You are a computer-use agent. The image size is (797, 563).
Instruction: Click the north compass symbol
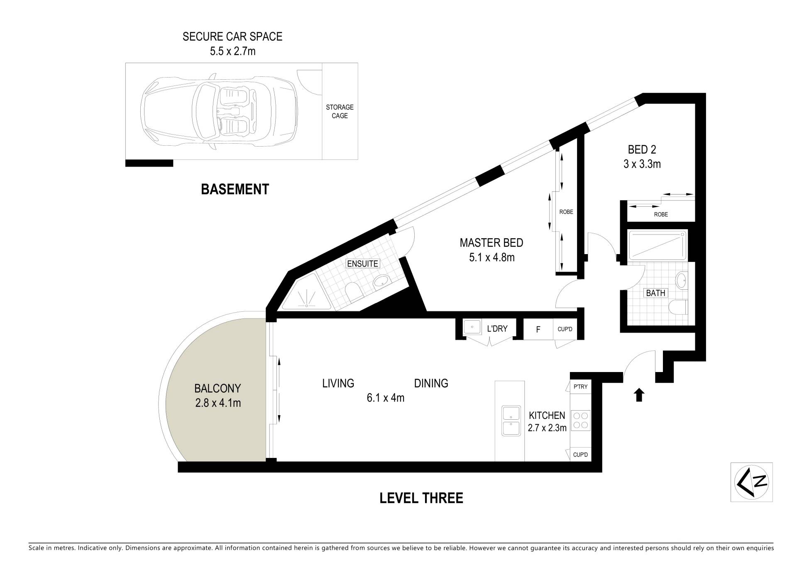(751, 482)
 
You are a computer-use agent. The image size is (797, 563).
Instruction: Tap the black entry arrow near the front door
(639, 395)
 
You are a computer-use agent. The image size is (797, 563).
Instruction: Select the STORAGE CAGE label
(340, 111)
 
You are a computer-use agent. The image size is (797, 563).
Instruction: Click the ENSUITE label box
(363, 264)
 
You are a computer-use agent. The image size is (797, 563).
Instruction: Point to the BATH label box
(656, 293)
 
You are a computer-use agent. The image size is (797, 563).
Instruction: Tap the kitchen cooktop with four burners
(581, 420)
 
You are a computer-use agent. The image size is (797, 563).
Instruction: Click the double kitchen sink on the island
(511, 421)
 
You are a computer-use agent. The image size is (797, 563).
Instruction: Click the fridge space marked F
(538, 330)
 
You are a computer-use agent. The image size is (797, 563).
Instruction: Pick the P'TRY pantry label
(580, 387)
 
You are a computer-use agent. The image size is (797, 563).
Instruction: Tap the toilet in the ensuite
(354, 291)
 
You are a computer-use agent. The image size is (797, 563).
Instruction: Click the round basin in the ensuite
(381, 282)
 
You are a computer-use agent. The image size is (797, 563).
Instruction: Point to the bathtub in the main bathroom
(658, 246)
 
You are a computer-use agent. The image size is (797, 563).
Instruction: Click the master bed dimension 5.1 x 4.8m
(492, 257)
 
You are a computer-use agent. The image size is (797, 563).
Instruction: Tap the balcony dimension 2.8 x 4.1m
(218, 402)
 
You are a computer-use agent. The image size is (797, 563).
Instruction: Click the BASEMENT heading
(235, 189)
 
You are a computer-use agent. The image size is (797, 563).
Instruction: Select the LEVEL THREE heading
(421, 497)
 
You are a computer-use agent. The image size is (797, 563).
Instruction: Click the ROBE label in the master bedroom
(566, 212)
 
